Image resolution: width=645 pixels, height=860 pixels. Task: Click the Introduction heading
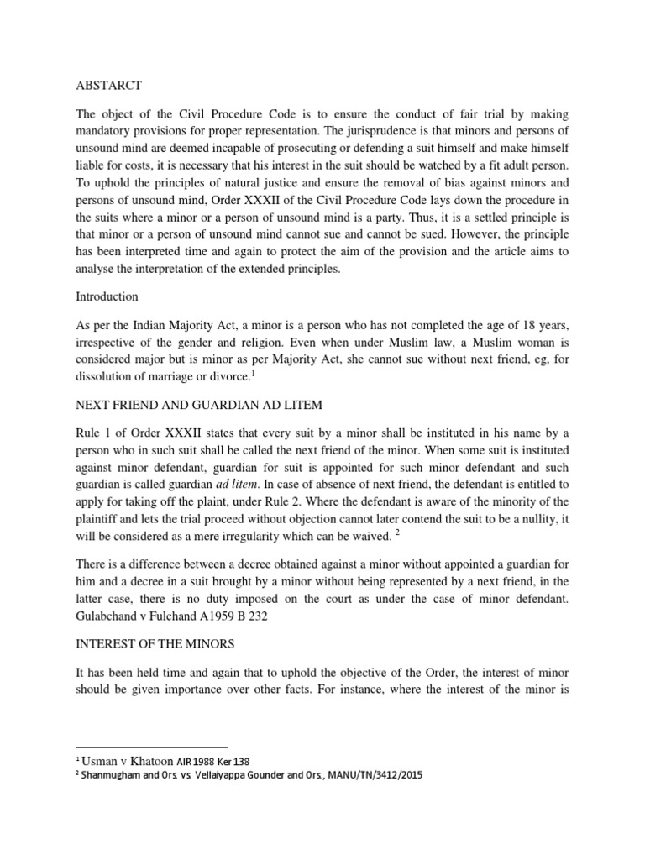(107, 296)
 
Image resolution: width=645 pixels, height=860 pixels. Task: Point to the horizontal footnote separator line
(152, 746)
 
